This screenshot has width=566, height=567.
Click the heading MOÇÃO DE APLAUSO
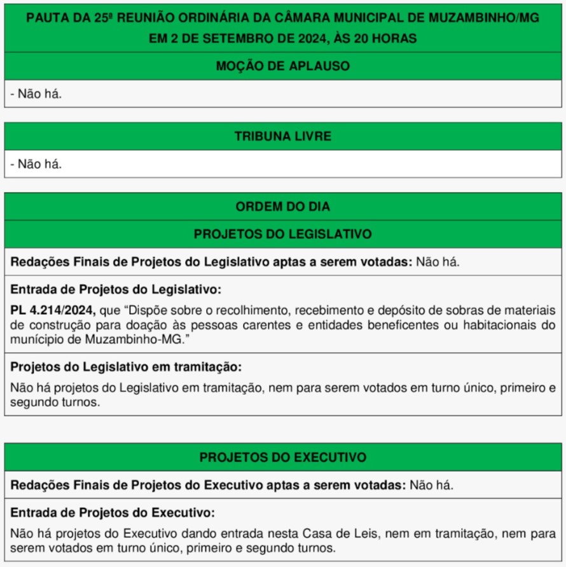(x=282, y=66)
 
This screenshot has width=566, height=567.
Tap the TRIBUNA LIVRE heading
(x=282, y=137)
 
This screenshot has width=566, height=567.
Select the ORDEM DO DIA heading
(x=282, y=207)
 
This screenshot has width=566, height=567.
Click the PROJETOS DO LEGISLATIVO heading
(x=282, y=235)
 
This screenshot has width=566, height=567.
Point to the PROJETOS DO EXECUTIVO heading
(x=282, y=458)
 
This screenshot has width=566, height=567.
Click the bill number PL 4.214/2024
(x=53, y=310)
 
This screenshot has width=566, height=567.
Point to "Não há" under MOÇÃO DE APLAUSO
(x=39, y=94)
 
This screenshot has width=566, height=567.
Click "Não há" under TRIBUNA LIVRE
(x=39, y=164)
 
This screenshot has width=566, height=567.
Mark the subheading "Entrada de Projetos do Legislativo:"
(x=116, y=290)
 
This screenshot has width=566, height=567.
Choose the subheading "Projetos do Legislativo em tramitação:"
(x=126, y=367)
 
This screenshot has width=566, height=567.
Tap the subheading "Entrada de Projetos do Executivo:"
(x=113, y=513)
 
